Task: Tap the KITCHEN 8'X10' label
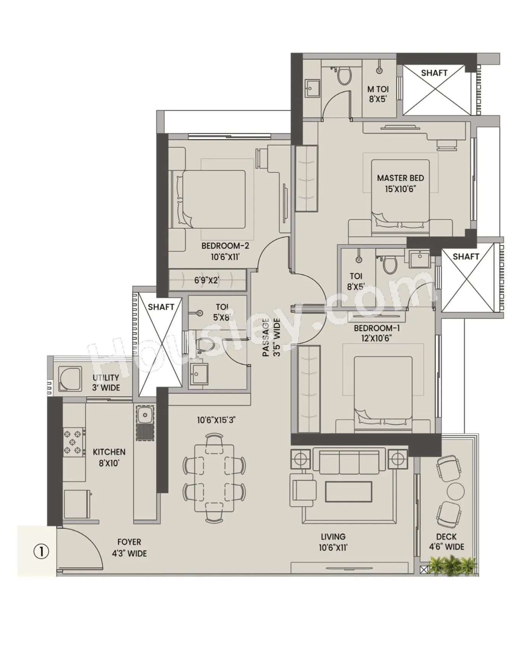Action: [109, 457]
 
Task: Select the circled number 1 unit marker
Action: [41, 551]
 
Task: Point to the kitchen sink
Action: [145, 415]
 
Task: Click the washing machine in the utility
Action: [70, 379]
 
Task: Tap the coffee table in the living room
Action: [348, 491]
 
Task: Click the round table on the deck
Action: [455, 491]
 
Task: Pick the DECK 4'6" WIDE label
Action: [446, 541]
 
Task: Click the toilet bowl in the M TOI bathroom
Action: [344, 76]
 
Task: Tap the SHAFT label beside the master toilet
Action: [434, 72]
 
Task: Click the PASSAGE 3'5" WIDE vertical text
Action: [271, 337]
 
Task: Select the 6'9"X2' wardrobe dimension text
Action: [206, 280]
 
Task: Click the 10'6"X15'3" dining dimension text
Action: [216, 420]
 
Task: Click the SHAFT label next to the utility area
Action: [161, 307]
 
